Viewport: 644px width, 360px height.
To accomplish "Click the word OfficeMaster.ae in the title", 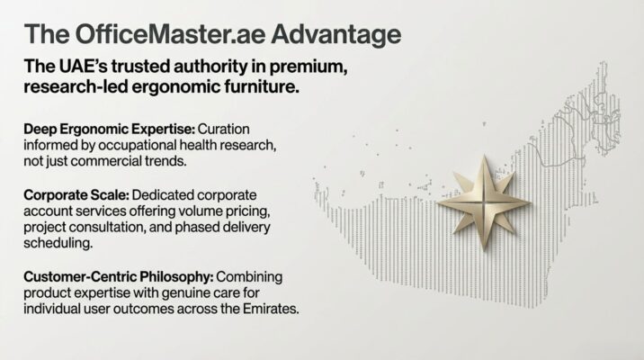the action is click(170, 34).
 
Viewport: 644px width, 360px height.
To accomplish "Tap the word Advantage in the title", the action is click(336, 35).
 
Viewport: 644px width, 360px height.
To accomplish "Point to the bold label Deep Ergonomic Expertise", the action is click(109, 130).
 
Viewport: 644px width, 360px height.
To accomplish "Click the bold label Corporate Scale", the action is click(76, 194).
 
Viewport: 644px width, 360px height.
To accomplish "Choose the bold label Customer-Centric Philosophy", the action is click(119, 277).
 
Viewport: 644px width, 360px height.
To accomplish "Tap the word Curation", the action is click(223, 129).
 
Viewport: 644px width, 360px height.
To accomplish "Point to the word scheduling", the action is click(58, 244).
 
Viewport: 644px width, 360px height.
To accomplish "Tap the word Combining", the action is click(249, 277).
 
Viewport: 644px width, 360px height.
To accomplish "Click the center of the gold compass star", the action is click(484, 202).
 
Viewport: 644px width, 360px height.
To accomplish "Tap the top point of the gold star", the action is click(484, 156).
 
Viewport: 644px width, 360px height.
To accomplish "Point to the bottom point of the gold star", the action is click(484, 250).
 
